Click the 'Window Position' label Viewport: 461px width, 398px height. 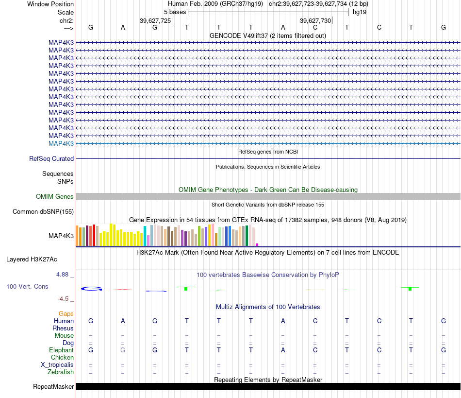pyautogui.click(x=50, y=4)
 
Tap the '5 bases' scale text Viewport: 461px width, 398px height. pyautogui.click(x=175, y=12)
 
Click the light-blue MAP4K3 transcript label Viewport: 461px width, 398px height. pyautogui.click(x=61, y=144)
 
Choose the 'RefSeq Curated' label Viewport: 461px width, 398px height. pyautogui.click(x=51, y=159)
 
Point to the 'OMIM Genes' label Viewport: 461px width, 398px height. pyautogui.click(x=55, y=197)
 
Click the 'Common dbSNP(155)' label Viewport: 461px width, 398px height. pyautogui.click(x=43, y=212)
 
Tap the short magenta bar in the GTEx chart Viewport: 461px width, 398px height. pyautogui.click(x=257, y=244)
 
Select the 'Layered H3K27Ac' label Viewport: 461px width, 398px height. pyautogui.click(x=32, y=260)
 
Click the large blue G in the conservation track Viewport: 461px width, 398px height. pyautogui.click(x=91, y=289)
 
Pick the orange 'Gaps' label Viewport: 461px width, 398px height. pyautogui.click(x=66, y=314)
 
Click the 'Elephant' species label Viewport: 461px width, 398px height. pyautogui.click(x=61, y=350)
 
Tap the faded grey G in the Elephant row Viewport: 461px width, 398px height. pyautogui.click(x=123, y=350)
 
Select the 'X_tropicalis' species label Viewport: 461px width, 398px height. pyautogui.click(x=57, y=365)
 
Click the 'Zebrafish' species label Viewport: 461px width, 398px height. pyautogui.click(x=61, y=372)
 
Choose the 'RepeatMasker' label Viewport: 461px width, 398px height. pyautogui.click(x=53, y=386)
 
